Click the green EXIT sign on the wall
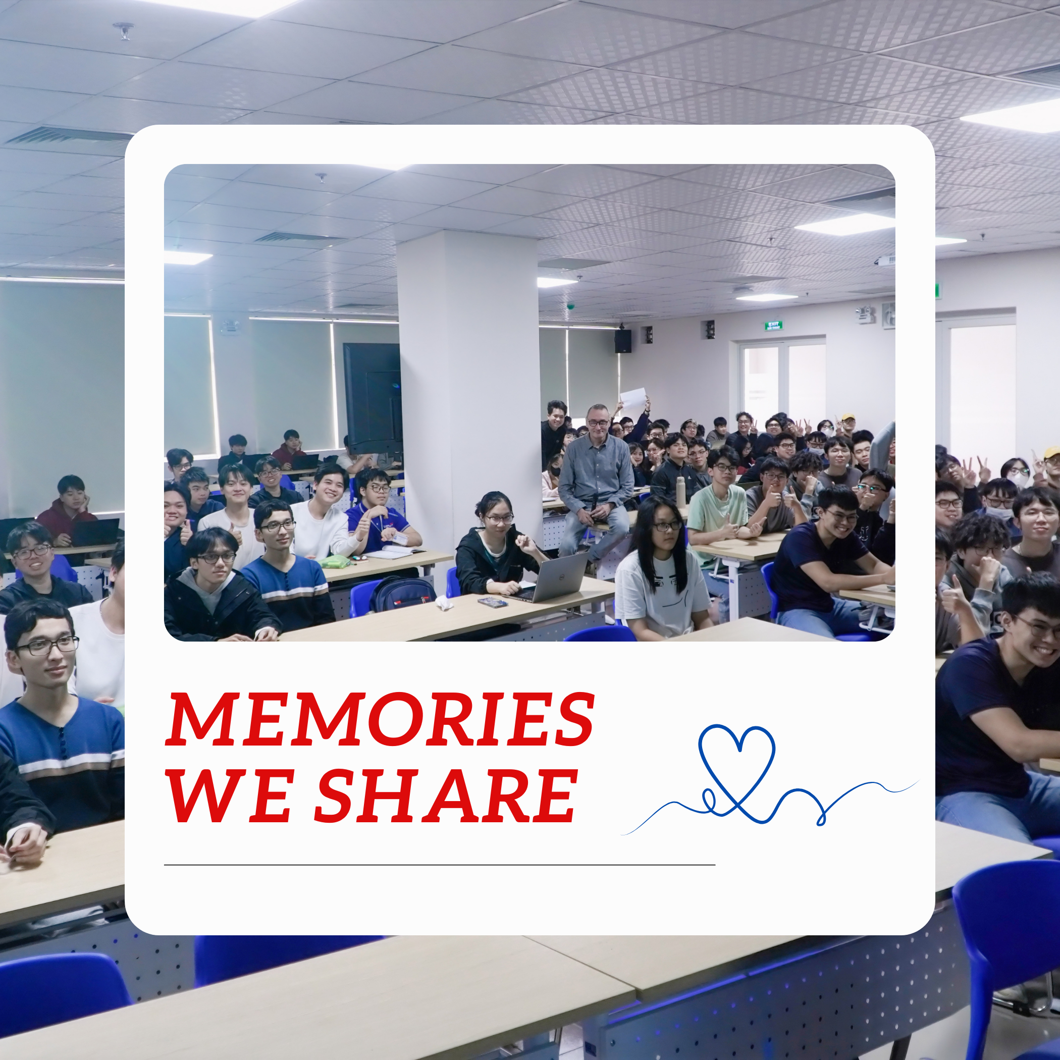click(x=774, y=326)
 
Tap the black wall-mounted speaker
click(x=622, y=341)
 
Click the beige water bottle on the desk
click(x=681, y=492)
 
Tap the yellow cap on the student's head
click(x=848, y=417)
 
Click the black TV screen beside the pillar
click(x=372, y=397)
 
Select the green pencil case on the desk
click(x=335, y=562)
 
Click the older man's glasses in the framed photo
click(x=598, y=422)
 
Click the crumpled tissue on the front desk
click(x=443, y=604)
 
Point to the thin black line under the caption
click(x=440, y=865)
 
